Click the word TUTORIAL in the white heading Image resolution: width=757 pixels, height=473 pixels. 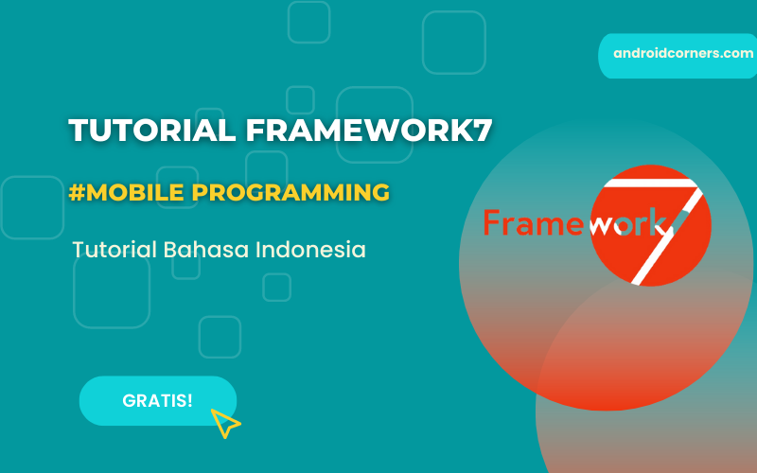pyautogui.click(x=152, y=131)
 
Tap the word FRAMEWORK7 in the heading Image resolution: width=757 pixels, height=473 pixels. pyautogui.click(x=369, y=131)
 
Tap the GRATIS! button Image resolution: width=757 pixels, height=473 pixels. pyautogui.click(x=157, y=400)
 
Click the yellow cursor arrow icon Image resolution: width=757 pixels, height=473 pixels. pyautogui.click(x=224, y=423)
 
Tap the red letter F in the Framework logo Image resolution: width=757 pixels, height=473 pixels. pyautogui.click(x=491, y=222)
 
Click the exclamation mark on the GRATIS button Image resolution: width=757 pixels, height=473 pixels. pyautogui.click(x=189, y=400)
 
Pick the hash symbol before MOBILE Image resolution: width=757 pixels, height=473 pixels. pyautogui.click(x=75, y=192)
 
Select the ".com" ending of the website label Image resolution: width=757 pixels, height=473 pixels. pyautogui.click(x=736, y=54)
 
